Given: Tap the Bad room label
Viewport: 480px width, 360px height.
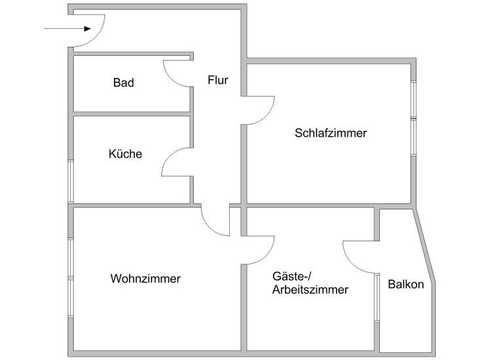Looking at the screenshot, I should pyautogui.click(x=123, y=82).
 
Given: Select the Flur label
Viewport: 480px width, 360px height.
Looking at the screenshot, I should pyautogui.click(x=217, y=81).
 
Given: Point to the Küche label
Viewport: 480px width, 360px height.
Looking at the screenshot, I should pyautogui.click(x=125, y=154).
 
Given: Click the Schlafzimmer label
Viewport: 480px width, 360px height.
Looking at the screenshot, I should pyautogui.click(x=331, y=133).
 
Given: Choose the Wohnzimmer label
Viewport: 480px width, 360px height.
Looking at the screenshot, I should pyautogui.click(x=145, y=278).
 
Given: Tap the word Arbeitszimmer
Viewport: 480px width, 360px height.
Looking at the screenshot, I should pyautogui.click(x=310, y=289).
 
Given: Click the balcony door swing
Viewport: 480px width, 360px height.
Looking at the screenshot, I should pyautogui.click(x=357, y=259).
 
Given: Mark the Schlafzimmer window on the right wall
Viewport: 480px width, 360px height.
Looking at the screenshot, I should pyautogui.click(x=413, y=118).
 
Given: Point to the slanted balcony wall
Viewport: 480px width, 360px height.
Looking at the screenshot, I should pyautogui.click(x=424, y=245).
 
